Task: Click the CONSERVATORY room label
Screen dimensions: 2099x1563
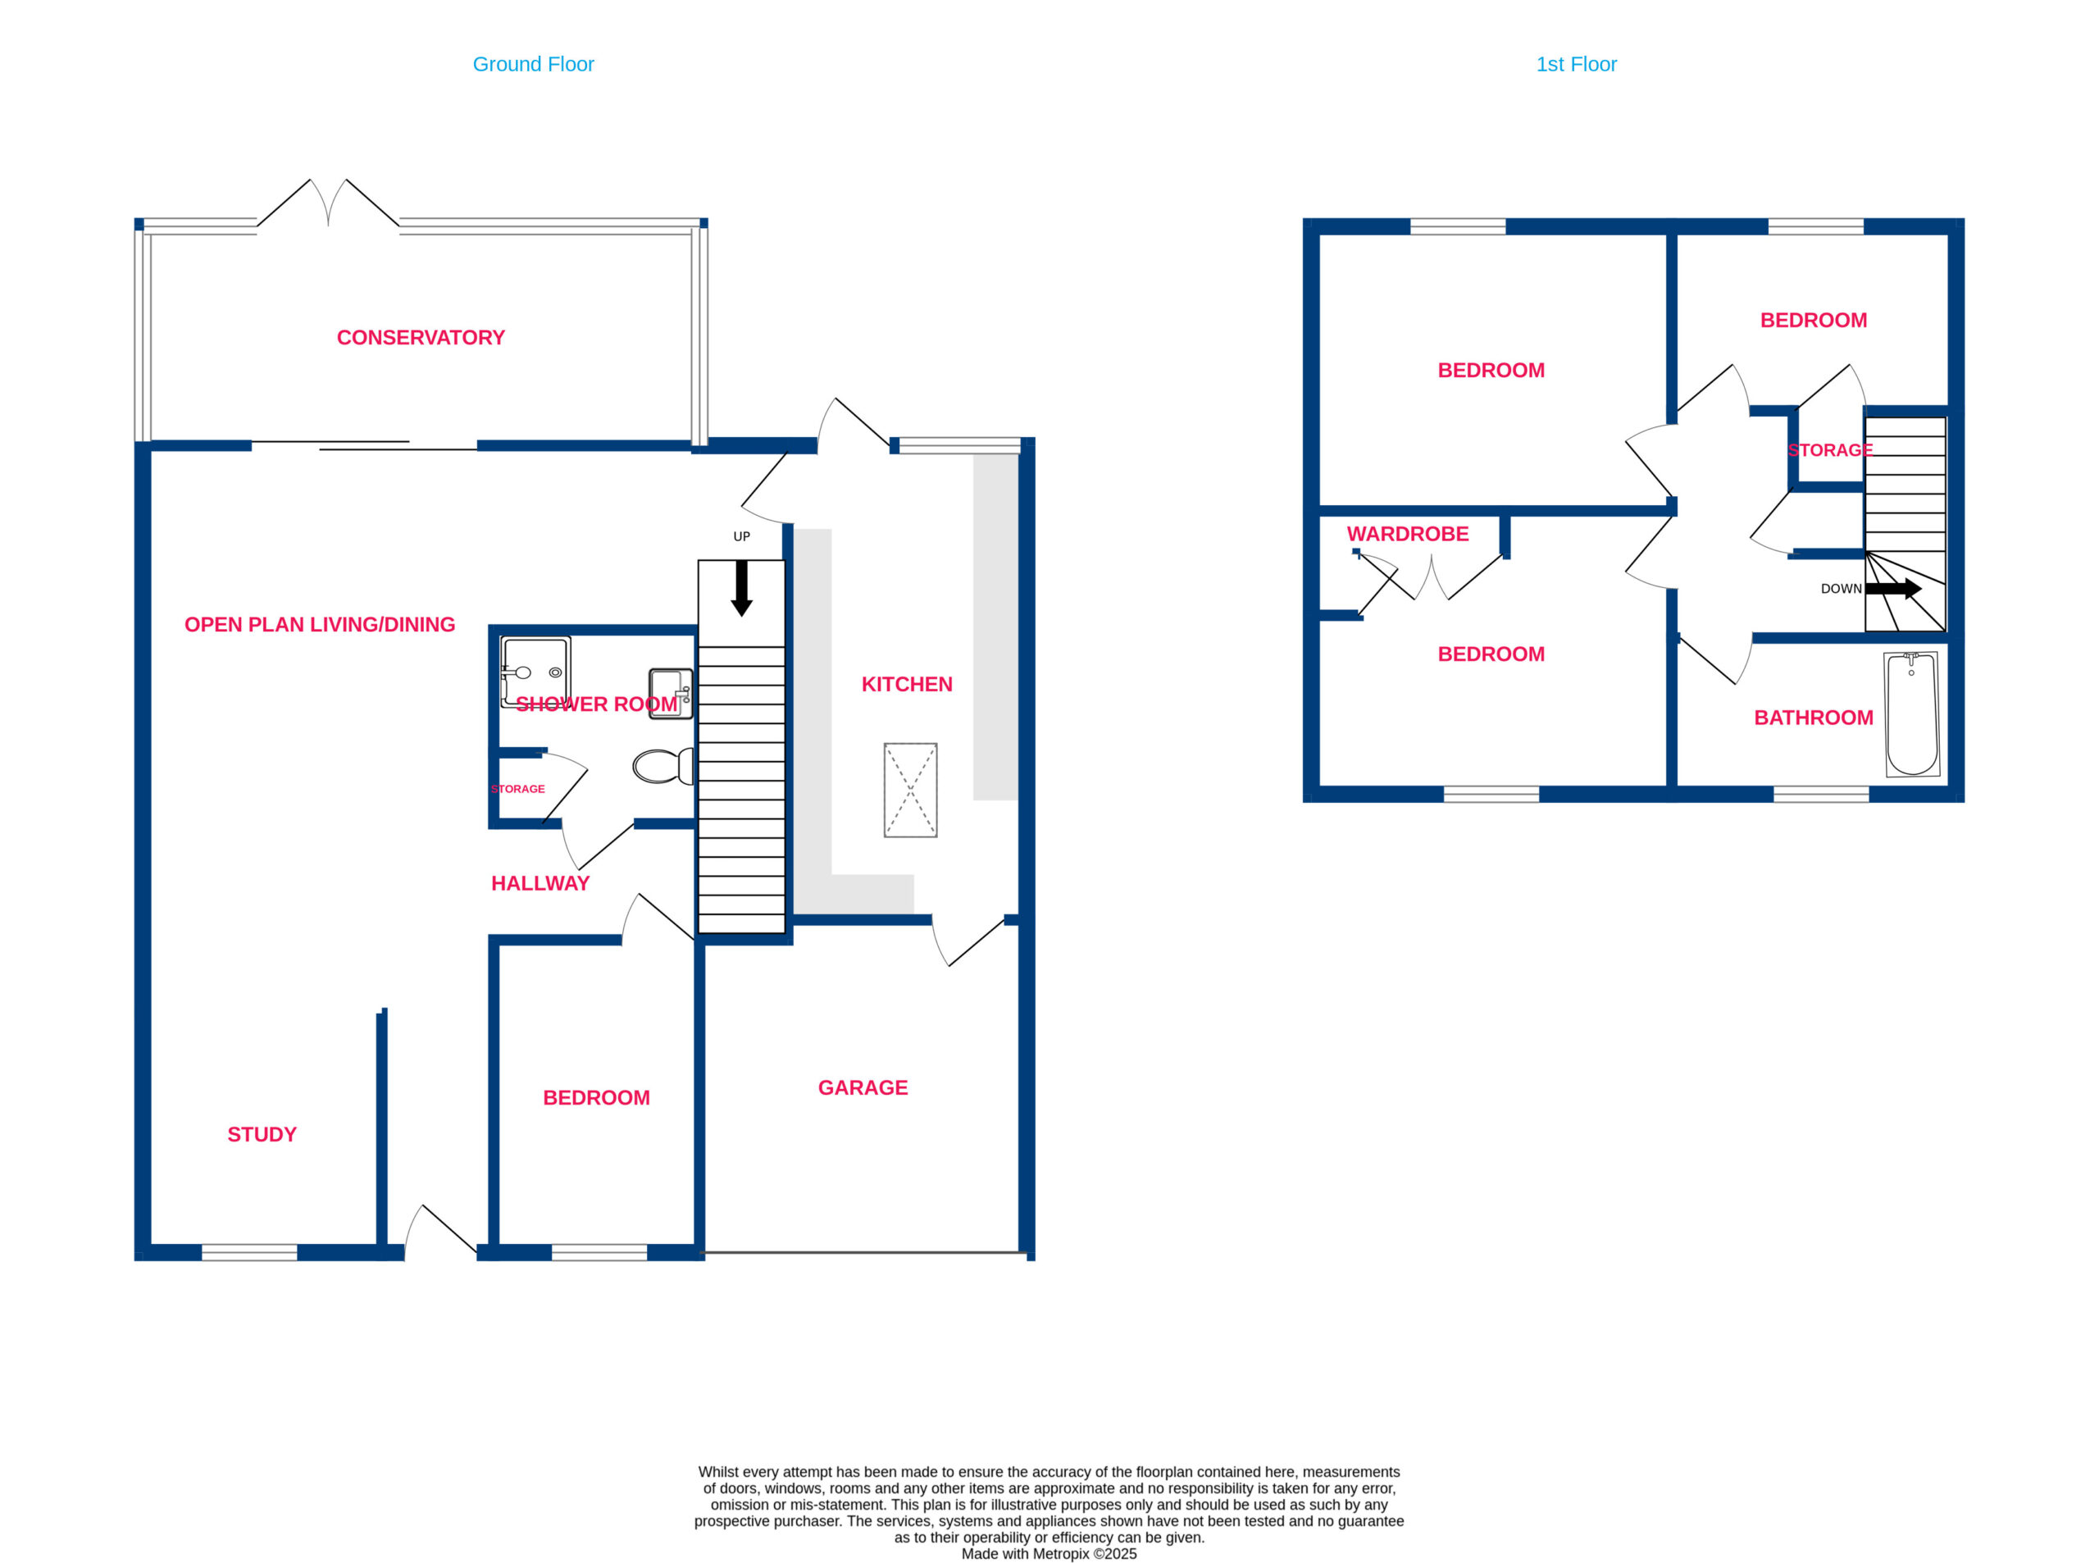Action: (x=420, y=338)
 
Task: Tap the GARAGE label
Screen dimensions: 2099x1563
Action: (x=863, y=1088)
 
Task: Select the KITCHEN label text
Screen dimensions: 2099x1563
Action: (x=906, y=684)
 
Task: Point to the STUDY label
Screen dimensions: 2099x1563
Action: (x=262, y=1134)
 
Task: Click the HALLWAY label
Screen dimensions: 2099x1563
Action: (x=540, y=884)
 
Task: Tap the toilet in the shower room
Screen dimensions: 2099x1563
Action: (x=663, y=767)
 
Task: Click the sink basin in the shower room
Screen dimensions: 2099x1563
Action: (x=671, y=695)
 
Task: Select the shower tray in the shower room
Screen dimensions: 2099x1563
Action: (x=535, y=672)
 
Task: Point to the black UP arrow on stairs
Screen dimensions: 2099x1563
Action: (x=741, y=587)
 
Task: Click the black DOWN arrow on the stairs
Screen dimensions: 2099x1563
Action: (x=1892, y=589)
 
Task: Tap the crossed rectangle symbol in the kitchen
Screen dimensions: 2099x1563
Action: (x=910, y=790)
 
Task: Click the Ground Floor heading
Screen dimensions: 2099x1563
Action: (x=534, y=64)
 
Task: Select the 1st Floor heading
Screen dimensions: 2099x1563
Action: (x=1576, y=64)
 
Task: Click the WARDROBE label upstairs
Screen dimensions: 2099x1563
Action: (x=1408, y=534)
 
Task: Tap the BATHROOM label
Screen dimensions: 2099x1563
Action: (x=1814, y=718)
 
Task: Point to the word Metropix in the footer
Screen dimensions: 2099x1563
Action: (x=1060, y=1553)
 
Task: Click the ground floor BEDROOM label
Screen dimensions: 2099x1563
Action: (x=596, y=1097)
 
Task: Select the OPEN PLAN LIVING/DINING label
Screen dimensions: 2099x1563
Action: (x=320, y=624)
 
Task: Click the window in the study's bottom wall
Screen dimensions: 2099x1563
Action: (x=250, y=1253)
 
